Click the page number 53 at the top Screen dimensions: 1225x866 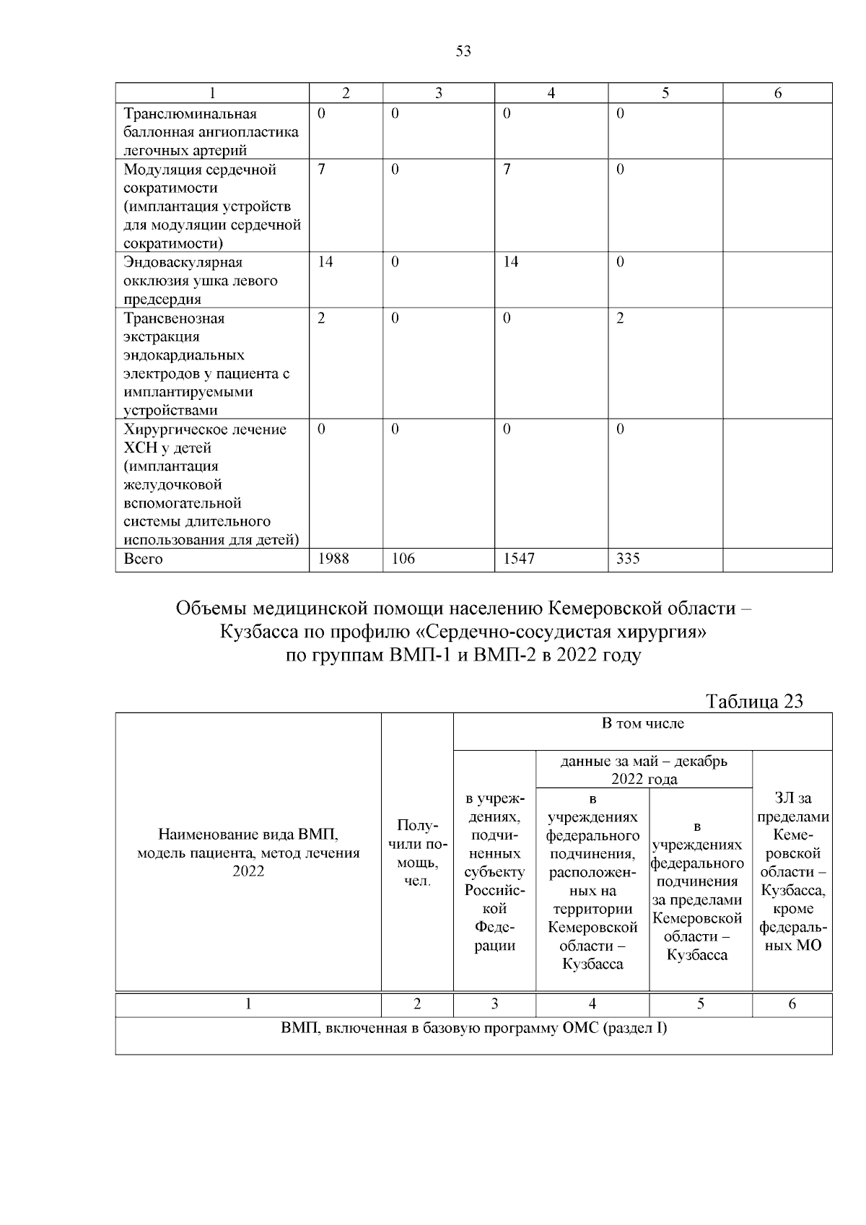(463, 51)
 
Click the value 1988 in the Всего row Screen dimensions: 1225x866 (333, 559)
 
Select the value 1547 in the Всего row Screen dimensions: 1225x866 (518, 559)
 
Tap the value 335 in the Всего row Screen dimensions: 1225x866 (628, 559)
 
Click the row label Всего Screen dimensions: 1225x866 (144, 559)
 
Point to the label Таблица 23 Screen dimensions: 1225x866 (754, 702)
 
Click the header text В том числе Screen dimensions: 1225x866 (642, 723)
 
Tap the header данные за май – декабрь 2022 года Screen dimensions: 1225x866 (644, 770)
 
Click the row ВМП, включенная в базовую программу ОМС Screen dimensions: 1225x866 (473, 1028)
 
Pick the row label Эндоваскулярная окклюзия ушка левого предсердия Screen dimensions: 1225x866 (201, 281)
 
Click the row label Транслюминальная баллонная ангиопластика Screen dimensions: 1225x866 (211, 132)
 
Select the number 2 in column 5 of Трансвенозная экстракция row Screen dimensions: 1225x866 (620, 319)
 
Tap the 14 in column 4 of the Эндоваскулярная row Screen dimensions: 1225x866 (510, 263)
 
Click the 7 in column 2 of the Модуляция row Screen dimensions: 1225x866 (321, 170)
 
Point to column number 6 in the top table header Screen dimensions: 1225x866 (778, 93)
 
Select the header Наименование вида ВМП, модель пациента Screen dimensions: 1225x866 (248, 853)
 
